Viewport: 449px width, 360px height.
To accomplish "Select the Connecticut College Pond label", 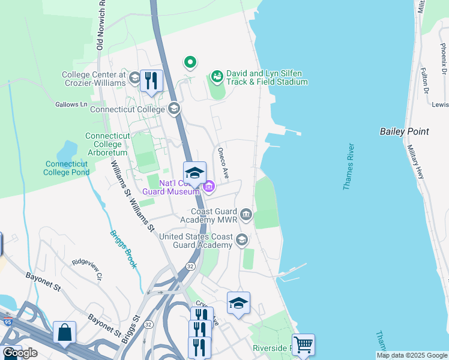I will coord(66,168).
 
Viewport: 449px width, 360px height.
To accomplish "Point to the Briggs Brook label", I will coord(124,249).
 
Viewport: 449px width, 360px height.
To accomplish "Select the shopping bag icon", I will coord(64,332).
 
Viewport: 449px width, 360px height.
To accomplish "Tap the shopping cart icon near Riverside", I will coord(303,345).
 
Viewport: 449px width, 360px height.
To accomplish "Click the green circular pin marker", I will coord(190,61).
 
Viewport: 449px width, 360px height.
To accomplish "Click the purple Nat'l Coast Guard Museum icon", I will coord(208,187).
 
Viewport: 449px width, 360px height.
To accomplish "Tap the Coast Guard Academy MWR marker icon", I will coord(246,214).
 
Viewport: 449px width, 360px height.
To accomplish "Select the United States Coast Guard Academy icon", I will coord(241,240).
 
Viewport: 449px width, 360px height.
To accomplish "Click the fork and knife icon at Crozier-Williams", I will coord(152,80).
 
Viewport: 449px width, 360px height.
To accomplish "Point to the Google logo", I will coord(20,353).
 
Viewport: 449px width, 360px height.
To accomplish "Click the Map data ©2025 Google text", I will coord(412,355).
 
